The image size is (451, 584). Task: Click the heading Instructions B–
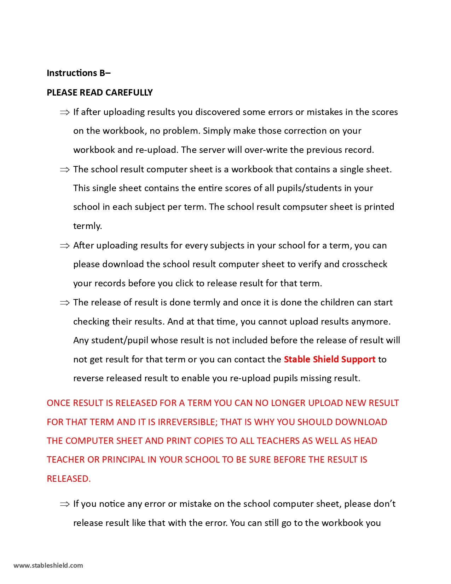[x=79, y=73]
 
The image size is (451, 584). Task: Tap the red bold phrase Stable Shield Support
[x=329, y=359]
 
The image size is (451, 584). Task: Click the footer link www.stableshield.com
[x=48, y=565]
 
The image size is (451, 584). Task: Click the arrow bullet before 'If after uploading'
[x=65, y=113]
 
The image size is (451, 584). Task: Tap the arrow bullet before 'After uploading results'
[x=65, y=246]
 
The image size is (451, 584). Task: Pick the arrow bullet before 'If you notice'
[x=65, y=504]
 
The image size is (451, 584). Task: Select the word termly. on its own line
[x=87, y=226]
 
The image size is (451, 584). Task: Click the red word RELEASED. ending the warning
[x=69, y=479]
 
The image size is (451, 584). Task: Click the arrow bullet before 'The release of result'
[x=65, y=303]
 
